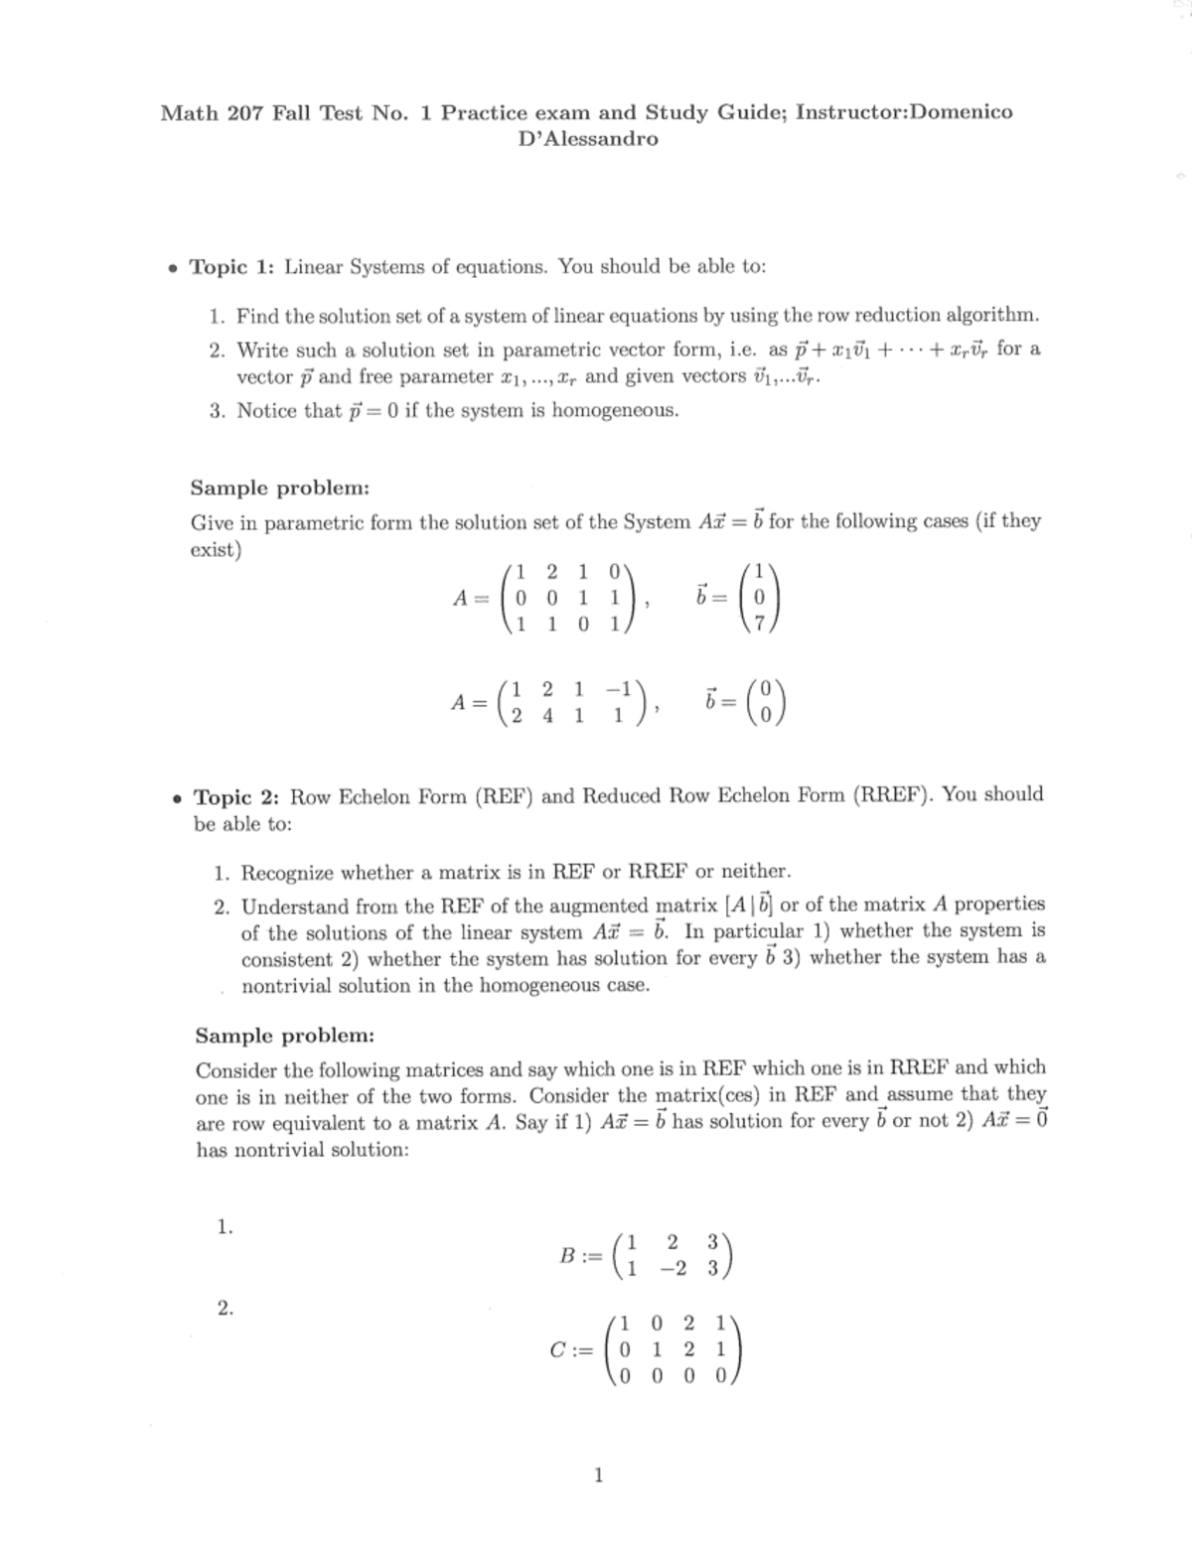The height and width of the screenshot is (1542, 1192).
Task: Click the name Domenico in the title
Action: [x=961, y=112]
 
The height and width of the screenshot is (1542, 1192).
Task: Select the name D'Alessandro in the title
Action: [x=588, y=139]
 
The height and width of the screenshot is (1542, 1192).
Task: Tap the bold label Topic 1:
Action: [x=231, y=267]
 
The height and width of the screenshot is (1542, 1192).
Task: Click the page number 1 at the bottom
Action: [x=597, y=1475]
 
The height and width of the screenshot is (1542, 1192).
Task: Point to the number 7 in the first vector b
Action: [x=761, y=625]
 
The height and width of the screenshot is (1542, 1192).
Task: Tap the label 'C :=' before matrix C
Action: [x=570, y=1350]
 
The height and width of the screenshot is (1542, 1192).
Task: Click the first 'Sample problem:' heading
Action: [x=280, y=489]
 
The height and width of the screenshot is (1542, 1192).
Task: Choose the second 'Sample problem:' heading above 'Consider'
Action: [x=285, y=1037]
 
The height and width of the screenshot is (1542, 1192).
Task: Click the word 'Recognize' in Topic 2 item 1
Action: [x=288, y=873]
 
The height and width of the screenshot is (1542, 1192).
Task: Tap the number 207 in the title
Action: [x=244, y=113]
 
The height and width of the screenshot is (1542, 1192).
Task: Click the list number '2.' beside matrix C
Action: [x=225, y=1308]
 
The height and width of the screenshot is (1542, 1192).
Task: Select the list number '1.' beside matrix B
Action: [x=224, y=1227]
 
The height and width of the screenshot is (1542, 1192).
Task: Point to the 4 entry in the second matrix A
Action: [x=547, y=716]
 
